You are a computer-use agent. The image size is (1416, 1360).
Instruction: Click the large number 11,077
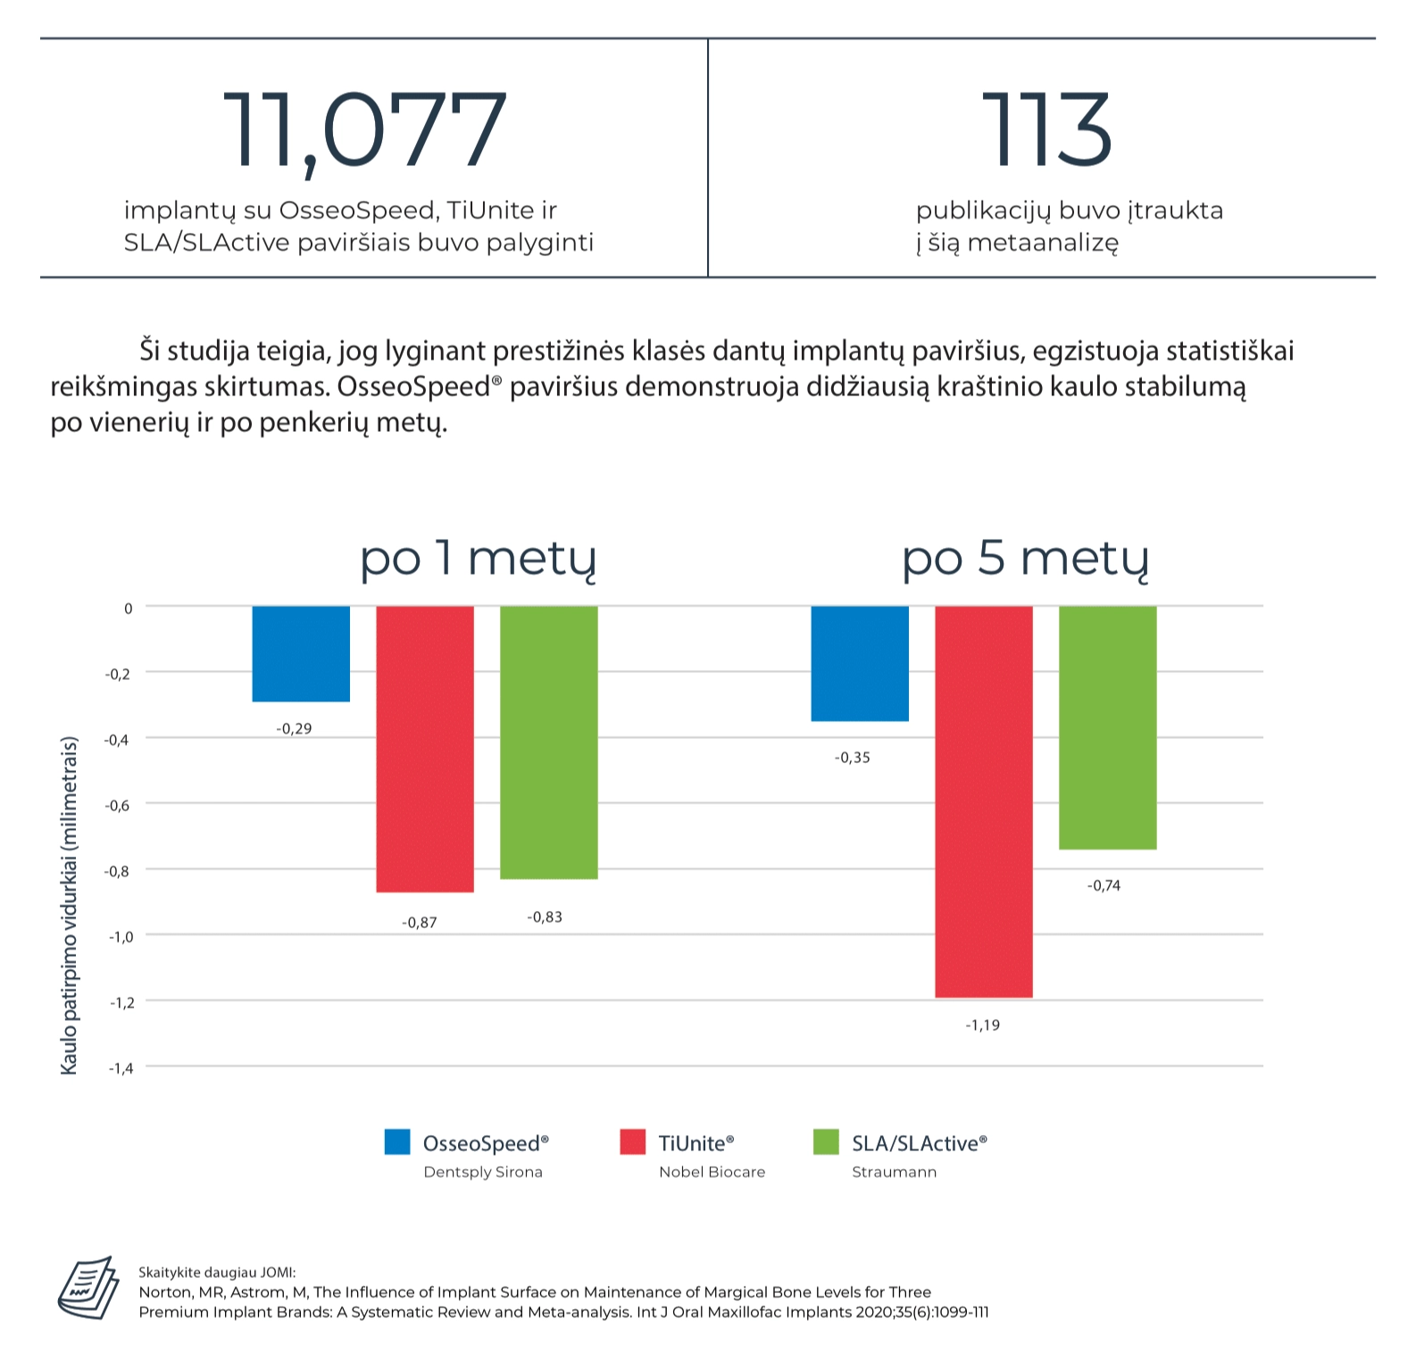[364, 131]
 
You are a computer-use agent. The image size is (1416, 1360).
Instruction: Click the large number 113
[1046, 131]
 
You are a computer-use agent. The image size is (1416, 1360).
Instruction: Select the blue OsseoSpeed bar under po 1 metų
[301, 653]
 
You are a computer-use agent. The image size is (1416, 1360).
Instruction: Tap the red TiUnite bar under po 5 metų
[983, 800]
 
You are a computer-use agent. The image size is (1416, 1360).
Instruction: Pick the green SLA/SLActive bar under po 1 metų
[548, 742]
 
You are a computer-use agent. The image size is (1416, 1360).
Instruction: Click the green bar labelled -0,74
[1107, 726]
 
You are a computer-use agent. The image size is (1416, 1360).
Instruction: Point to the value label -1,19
[982, 1025]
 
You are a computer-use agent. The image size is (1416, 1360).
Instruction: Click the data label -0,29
[294, 729]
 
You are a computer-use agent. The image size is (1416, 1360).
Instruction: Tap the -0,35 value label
[852, 758]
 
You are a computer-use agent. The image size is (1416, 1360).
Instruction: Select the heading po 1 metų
[478, 560]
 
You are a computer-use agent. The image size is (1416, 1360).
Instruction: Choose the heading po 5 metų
[1025, 560]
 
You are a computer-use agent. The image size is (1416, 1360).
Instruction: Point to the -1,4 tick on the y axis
[121, 1068]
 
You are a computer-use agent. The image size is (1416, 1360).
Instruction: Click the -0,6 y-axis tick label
[118, 806]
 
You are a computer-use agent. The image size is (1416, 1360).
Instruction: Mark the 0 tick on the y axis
[128, 609]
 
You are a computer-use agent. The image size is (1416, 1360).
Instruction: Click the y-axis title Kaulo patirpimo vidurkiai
[69, 905]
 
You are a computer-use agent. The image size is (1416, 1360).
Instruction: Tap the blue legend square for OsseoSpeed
[397, 1142]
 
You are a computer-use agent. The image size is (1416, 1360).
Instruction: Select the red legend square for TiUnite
[632, 1142]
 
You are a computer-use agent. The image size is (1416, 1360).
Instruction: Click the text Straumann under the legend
[894, 1172]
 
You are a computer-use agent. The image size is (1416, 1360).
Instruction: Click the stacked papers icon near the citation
[88, 1288]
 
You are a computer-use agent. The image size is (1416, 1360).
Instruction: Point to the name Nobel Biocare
[712, 1172]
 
